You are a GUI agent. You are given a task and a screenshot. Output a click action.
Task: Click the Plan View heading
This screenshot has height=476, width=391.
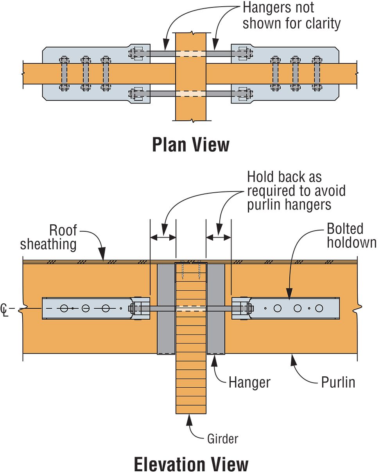point(190,145)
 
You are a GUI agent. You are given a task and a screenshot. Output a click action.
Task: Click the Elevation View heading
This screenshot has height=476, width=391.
point(191,465)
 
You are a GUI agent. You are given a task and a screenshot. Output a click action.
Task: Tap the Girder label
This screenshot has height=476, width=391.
point(222,438)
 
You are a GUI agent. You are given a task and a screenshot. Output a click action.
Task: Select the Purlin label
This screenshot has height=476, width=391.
point(338,382)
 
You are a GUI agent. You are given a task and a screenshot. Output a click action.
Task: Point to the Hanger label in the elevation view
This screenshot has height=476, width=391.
point(249,382)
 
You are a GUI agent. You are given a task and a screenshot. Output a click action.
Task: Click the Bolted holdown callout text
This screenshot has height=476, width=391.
point(352,235)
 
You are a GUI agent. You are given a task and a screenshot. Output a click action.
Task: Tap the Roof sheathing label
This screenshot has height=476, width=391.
point(48,237)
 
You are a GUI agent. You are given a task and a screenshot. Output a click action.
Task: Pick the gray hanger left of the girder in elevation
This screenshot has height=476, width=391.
point(166,309)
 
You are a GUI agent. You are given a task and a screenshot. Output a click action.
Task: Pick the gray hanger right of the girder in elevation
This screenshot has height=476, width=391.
point(216,309)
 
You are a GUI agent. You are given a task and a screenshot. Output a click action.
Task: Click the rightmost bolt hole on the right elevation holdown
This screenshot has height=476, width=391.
point(319,308)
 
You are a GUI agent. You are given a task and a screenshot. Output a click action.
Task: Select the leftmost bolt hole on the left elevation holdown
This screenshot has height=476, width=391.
point(64,308)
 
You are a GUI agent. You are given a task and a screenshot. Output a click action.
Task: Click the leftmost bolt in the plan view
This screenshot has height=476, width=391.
point(64,73)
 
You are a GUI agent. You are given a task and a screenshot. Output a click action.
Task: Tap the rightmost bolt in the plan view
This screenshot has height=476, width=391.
point(316,73)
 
